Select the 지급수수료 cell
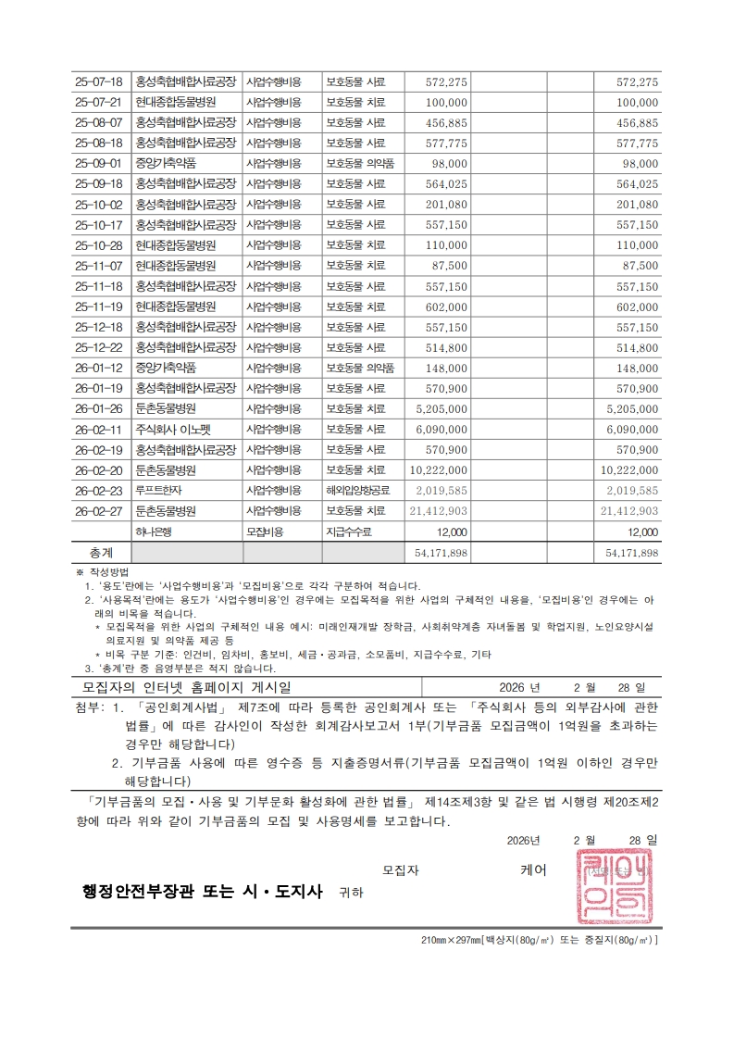coord(353,532)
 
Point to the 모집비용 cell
coord(265,532)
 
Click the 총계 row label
coord(101,552)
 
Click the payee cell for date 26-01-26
coord(165,408)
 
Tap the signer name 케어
coord(534,869)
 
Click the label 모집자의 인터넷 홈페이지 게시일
coord(186,687)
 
